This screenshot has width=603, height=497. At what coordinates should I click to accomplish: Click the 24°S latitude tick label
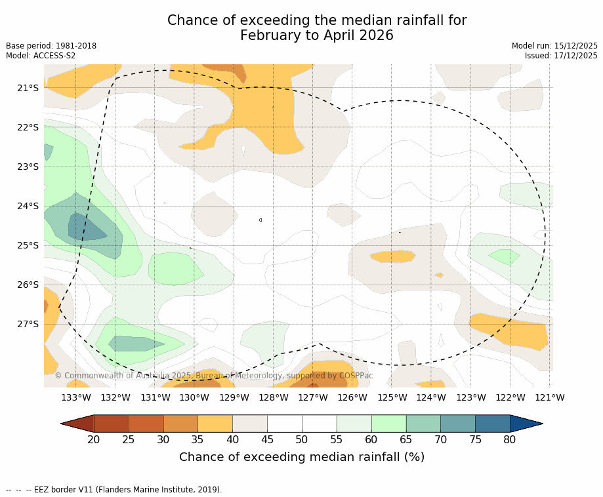coord(28,206)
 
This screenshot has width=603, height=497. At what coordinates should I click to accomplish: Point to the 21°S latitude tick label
coord(28,88)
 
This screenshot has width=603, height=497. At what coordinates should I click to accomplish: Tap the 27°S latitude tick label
coord(28,324)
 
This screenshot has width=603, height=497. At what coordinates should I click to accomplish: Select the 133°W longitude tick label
coord(76,397)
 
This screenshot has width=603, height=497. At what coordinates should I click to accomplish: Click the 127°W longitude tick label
coord(313,397)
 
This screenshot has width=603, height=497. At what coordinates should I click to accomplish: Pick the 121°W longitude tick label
coord(550,397)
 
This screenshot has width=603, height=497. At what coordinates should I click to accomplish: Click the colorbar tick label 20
coord(94,439)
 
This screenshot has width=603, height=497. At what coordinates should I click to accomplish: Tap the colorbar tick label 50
coord(302,439)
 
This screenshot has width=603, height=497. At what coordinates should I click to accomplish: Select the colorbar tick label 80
coord(510,439)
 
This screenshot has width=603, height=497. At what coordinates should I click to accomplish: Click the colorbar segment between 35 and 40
coord(215,424)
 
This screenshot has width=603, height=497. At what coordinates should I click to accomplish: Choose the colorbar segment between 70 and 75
coord(457,424)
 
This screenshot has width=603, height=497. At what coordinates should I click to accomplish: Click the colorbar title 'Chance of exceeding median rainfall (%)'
coord(302,457)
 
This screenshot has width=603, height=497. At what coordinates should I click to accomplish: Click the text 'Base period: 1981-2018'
coord(51,46)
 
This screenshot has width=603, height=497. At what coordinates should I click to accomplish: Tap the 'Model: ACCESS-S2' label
coord(41,56)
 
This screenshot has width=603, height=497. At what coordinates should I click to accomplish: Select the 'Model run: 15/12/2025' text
coord(554,46)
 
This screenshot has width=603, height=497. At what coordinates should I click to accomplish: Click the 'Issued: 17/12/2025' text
coord(561,56)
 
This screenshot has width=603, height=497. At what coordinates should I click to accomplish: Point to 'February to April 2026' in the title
coord(317,35)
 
